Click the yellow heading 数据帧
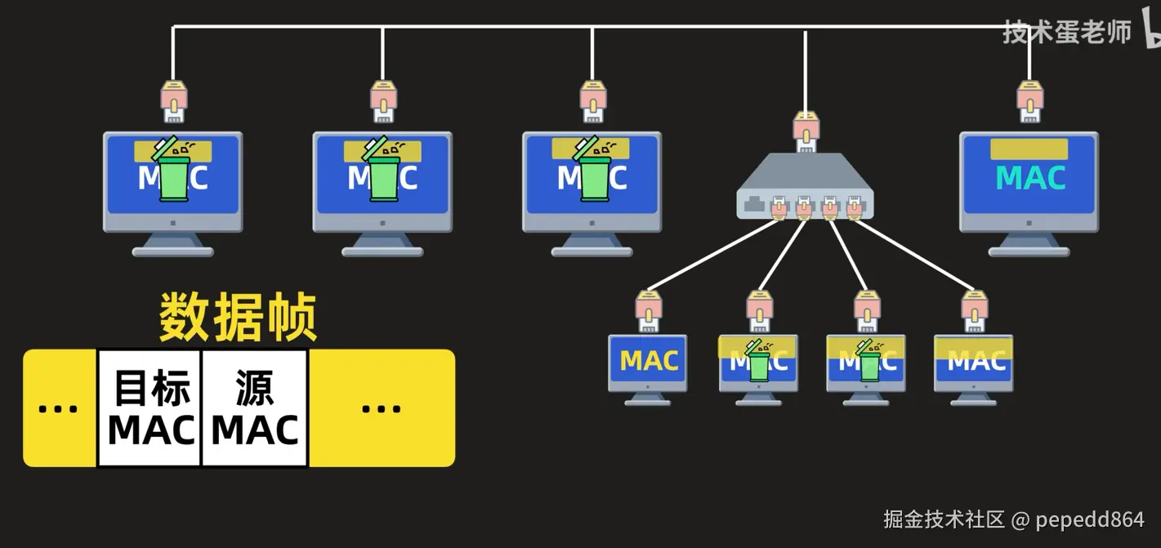coord(238,317)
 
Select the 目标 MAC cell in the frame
coord(150,408)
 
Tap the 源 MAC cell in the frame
coord(255,408)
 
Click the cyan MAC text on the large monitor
coord(1030,178)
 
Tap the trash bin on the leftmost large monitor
coord(173,171)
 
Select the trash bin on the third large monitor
coord(592,171)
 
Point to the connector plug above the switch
coord(805,134)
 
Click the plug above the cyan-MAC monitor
coord(1029,101)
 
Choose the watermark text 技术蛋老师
coord(1066,33)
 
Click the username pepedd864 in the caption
coord(1090,519)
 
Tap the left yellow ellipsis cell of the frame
coord(60,408)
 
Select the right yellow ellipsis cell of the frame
coord(381,408)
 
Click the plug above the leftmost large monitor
coord(173,101)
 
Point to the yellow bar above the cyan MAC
coord(1029,149)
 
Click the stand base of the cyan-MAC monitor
coord(1029,252)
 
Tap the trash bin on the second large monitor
coord(382,171)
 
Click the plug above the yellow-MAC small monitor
coord(649,311)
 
